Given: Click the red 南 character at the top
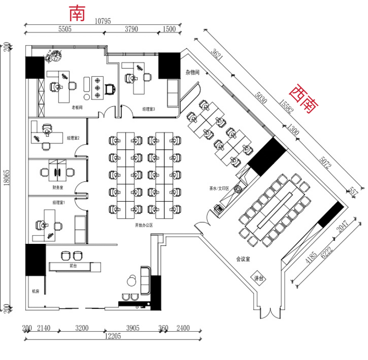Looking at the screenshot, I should point(77,13).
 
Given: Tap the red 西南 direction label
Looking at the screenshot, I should point(305,99).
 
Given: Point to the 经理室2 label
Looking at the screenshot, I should point(73,138).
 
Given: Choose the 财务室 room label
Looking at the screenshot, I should point(58,187).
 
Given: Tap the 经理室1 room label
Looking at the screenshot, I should point(59,202).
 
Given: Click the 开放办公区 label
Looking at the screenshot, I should point(144,225).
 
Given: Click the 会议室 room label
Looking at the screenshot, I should point(243,259).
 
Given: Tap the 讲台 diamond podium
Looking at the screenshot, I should point(259,278).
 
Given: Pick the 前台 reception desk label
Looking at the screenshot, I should point(74,266).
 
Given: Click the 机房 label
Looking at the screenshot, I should point(35,291).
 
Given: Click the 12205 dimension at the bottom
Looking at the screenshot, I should point(113,337).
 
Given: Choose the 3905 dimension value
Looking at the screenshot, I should point(133,328).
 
